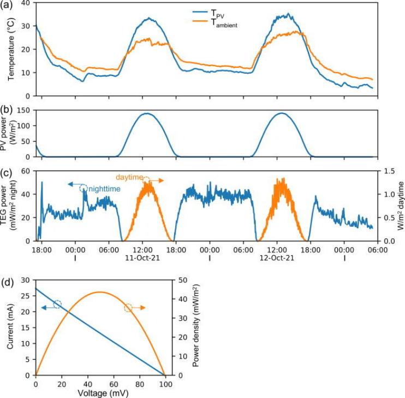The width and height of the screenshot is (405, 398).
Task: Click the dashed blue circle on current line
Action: [57, 304]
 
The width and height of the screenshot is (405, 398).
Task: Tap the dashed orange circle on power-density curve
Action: [129, 308]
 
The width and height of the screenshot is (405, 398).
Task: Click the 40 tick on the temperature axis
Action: [25, 2]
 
